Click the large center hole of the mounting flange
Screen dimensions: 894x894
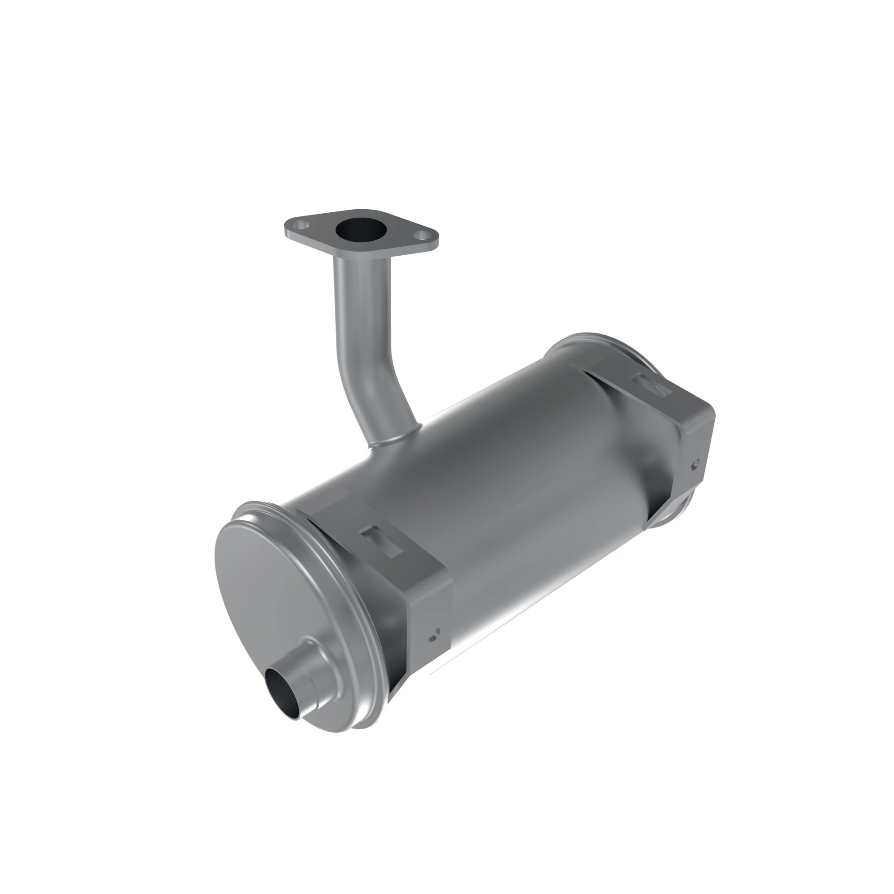[361, 229]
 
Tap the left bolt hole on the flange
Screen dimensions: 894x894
[302, 224]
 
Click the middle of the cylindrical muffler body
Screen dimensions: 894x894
[509, 486]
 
